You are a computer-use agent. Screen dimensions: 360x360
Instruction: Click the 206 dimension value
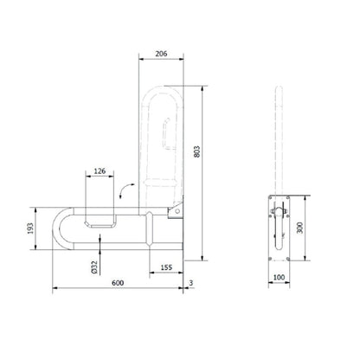pos(161,54)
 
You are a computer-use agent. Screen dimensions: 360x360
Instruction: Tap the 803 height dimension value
pos(197,151)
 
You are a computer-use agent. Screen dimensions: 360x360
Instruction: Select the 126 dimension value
pos(100,171)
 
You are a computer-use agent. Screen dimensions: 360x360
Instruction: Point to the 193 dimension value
pos(31,228)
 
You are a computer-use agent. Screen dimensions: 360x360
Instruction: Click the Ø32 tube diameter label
pos(93,267)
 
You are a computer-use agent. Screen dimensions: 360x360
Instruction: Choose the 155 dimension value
pos(166,267)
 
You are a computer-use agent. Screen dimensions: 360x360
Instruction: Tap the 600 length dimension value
pos(118,283)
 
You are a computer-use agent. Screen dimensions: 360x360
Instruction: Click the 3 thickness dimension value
pos(191,283)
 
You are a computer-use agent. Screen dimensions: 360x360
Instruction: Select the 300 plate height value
pos(300,228)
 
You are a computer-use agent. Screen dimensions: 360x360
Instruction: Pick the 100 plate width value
pos(279,278)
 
